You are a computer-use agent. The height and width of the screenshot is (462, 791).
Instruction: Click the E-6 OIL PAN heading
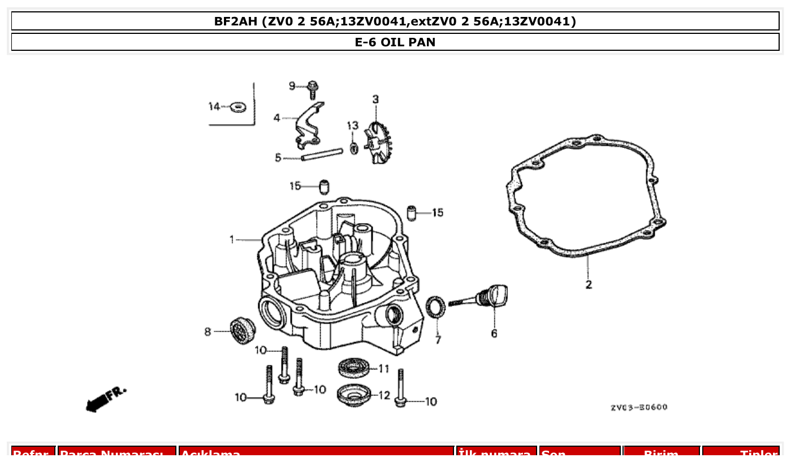click(395, 42)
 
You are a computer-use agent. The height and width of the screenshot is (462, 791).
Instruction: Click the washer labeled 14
click(238, 106)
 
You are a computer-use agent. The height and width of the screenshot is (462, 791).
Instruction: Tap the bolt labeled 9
click(312, 89)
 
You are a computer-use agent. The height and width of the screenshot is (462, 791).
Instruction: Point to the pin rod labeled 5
click(322, 154)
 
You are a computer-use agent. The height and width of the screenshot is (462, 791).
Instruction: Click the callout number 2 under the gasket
click(589, 285)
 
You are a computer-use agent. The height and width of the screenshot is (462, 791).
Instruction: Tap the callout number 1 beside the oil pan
click(232, 240)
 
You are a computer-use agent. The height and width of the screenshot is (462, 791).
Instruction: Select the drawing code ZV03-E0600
click(638, 407)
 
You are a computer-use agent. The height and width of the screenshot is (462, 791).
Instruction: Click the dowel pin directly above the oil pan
click(324, 186)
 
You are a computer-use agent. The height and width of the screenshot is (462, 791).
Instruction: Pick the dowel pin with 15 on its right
click(412, 213)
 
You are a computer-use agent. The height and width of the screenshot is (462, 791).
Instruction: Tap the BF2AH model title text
click(395, 21)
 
